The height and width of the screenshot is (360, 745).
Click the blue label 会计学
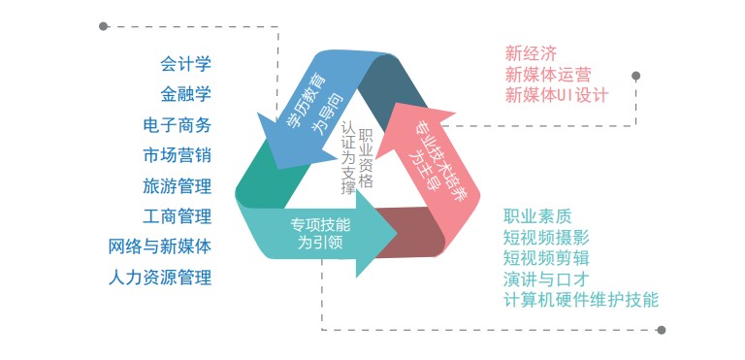click(185, 65)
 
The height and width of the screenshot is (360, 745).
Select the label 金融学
click(185, 95)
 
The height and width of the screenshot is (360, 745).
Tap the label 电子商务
click(177, 125)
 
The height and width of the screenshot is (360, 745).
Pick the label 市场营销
click(177, 155)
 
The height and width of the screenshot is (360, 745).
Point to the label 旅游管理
click(177, 185)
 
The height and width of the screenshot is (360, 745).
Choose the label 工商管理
click(177, 215)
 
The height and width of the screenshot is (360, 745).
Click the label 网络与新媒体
click(160, 246)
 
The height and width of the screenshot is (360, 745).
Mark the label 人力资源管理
click(160, 278)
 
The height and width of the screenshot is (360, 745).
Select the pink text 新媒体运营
click(548, 74)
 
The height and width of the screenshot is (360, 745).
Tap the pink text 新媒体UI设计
click(556, 95)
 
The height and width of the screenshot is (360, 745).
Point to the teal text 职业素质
click(537, 215)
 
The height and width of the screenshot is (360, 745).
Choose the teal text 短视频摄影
click(546, 237)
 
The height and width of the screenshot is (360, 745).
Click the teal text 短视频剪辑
click(546, 258)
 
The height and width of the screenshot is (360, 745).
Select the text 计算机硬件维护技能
click(581, 300)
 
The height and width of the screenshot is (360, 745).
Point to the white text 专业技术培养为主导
click(429, 147)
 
